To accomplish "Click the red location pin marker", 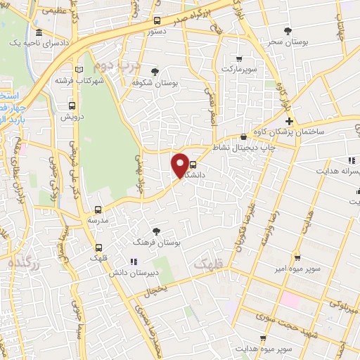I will pos(181,166).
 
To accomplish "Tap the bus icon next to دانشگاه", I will pos(193,167).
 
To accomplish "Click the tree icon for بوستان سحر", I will pos(288,30).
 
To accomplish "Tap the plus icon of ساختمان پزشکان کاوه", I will pos(288,122).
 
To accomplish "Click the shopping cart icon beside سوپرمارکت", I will pos(240,59).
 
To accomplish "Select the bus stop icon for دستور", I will pos(157,20).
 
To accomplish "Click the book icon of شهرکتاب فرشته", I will pos(79,69).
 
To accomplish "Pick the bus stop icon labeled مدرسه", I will pos(98,209).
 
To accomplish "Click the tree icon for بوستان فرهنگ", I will pos(156,231).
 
